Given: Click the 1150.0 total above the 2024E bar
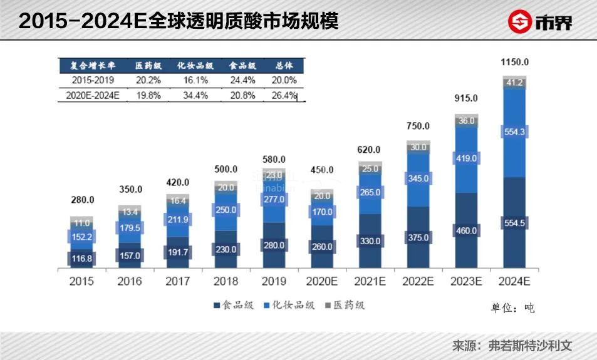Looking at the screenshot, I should [515, 63].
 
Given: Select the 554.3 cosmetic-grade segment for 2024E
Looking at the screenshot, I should [515, 131].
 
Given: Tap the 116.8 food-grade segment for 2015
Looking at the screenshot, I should [81, 258].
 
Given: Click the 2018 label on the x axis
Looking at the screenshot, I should [226, 281].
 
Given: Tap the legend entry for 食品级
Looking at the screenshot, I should [232, 306].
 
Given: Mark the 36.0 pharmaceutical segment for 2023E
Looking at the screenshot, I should [466, 121].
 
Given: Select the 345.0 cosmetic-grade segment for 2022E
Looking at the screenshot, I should [418, 178].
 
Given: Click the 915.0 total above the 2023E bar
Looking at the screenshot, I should [466, 98].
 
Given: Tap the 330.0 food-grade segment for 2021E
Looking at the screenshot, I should [370, 240].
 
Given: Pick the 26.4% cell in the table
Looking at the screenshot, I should [284, 96].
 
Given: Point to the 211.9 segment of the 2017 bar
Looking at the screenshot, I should [178, 220].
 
